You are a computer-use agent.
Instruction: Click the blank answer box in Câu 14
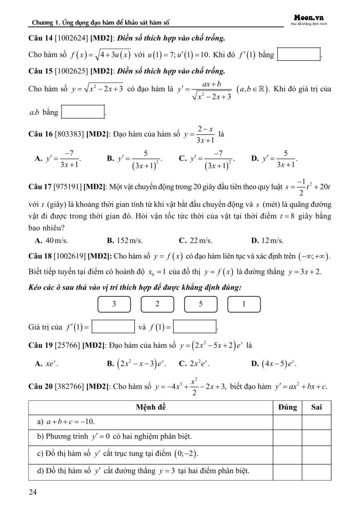tap(299, 54)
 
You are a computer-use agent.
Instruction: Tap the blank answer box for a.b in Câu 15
tap(83, 112)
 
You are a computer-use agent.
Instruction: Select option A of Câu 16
tap(58, 159)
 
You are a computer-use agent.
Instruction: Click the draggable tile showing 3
tap(114, 304)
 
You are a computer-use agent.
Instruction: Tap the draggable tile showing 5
tap(200, 304)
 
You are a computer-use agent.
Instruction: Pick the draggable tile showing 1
tap(243, 304)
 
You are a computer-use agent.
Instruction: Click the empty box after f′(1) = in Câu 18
tap(113, 327)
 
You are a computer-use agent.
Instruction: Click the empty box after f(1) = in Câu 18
tap(195, 327)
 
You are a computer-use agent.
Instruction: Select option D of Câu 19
tap(278, 364)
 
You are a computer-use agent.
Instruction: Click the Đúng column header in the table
tap(288, 407)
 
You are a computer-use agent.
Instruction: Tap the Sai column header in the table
tap(316, 407)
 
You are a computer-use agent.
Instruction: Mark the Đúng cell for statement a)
tap(288, 422)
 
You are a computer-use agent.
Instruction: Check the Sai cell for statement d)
tap(316, 471)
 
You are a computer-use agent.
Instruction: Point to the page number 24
tap(33, 493)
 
